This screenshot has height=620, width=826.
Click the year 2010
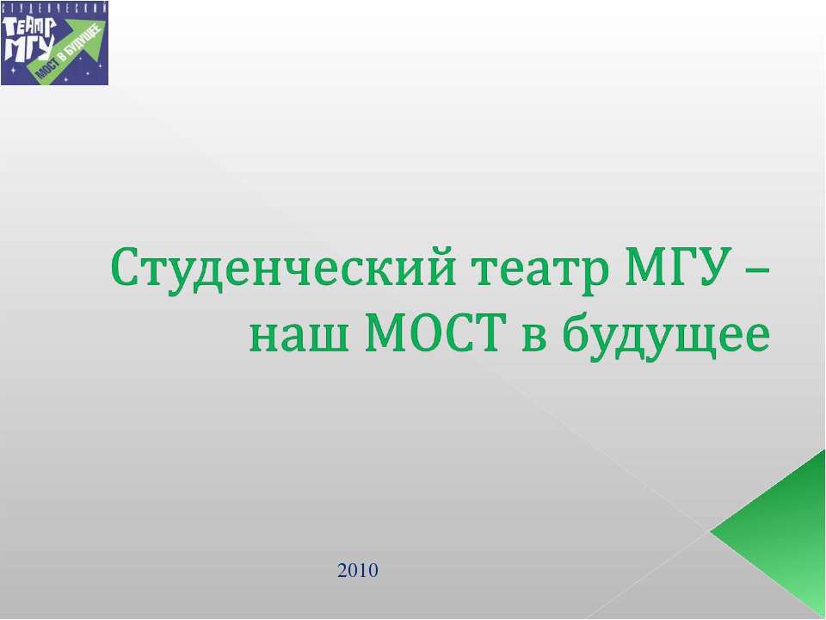click(358, 570)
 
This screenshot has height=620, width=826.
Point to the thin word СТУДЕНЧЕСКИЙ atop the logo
click(54, 7)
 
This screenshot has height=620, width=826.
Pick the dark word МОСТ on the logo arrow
click(47, 69)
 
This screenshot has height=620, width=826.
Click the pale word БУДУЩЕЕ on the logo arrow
click(81, 46)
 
